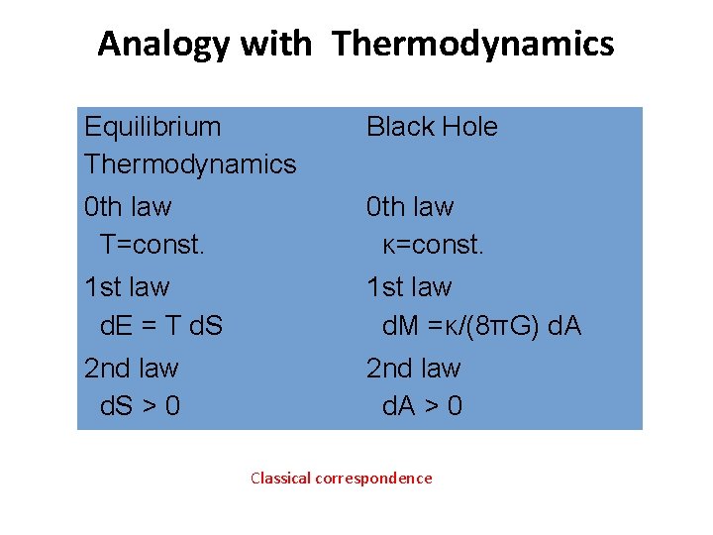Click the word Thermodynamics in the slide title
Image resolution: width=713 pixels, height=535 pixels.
pyautogui.click(x=473, y=45)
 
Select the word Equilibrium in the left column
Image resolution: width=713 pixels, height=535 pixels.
pyautogui.click(x=153, y=127)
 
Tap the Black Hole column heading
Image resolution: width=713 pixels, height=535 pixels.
pyautogui.click(x=432, y=127)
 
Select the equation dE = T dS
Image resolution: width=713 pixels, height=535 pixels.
pyautogui.click(x=161, y=325)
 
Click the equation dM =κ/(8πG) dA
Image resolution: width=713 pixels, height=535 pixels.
pyautogui.click(x=481, y=325)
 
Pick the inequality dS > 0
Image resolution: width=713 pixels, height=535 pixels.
pyautogui.click(x=141, y=406)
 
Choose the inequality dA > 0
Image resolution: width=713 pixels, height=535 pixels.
pyautogui.click(x=422, y=406)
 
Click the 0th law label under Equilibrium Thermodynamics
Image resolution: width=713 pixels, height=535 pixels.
pyautogui.click(x=128, y=207)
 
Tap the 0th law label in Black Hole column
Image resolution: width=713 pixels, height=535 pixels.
pyautogui.click(x=410, y=207)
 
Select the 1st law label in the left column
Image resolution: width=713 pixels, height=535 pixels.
pyautogui.click(x=127, y=287)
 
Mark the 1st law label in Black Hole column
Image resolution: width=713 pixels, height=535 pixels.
pyautogui.click(x=409, y=287)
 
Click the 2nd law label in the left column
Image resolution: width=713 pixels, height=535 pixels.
pyautogui.click(x=132, y=369)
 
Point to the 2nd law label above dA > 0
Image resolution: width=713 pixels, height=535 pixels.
pyautogui.click(x=414, y=369)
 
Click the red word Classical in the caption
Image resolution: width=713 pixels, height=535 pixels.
pyautogui.click(x=280, y=479)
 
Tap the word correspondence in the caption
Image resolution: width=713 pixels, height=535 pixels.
pyautogui.click(x=373, y=479)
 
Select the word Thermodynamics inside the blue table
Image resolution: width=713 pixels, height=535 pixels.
pyautogui.click(x=190, y=164)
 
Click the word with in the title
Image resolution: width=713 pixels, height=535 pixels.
pyautogui.click(x=287, y=45)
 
